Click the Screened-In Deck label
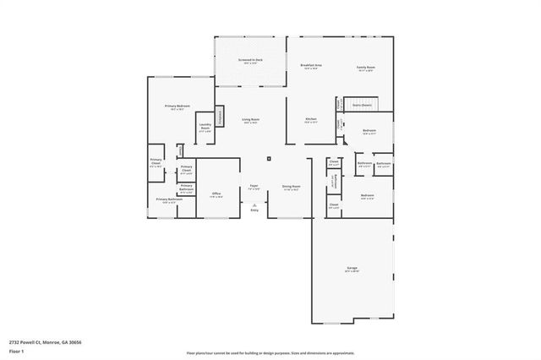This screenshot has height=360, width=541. pos(250,61)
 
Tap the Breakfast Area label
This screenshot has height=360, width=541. pos(309,66)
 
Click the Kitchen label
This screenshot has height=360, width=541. pos(311,120)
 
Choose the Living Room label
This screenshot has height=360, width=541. pos(250,120)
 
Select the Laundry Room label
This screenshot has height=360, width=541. pos(205,127)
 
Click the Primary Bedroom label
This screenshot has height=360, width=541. pos(178,106)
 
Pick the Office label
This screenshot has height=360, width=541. pos(216,194)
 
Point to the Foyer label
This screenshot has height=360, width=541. pos(254,186)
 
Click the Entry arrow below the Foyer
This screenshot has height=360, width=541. pos(254,205)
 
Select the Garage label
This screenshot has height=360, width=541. pos(351,268)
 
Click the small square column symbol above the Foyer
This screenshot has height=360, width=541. pos(269,157)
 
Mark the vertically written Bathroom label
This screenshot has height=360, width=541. pos(335,180)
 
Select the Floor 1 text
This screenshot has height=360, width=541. pos(16,351)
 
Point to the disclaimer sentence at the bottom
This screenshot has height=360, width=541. pos(270,352)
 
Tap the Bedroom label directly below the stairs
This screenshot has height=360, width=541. pos(369,131)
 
